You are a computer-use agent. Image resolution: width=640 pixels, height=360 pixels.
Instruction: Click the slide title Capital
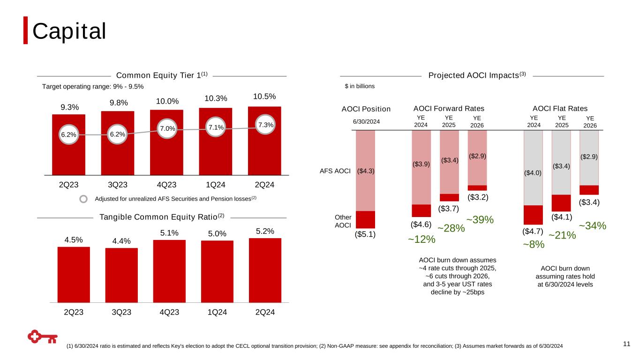[69, 31]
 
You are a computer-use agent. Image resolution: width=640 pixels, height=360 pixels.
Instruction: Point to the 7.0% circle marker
[167, 128]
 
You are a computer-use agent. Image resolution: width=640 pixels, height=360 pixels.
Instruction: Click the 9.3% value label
[69, 107]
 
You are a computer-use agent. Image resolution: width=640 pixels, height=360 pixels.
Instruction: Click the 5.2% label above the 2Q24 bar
[265, 231]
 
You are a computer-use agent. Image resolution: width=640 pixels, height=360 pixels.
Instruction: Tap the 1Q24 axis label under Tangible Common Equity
[216, 312]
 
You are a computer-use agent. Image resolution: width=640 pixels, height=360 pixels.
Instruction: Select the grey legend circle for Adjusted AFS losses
[83, 199]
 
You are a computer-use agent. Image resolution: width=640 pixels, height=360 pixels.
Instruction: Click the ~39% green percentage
[480, 219]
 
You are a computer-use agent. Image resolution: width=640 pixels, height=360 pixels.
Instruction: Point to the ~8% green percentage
[534, 244]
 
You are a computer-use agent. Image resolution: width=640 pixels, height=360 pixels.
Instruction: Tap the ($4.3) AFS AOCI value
[365, 171]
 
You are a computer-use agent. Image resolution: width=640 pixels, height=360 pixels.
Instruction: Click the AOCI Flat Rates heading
[560, 109]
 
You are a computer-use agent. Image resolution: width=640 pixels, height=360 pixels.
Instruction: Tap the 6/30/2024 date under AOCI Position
[366, 121]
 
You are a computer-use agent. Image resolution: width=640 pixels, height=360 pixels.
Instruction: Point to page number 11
[626, 345]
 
